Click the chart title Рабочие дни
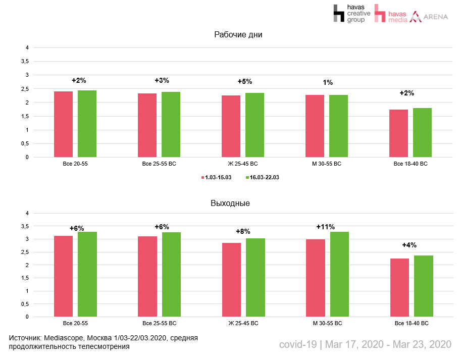pos(238,35)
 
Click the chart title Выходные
pos(230,203)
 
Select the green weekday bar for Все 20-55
pos(87,124)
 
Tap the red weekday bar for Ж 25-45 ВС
pos(231,126)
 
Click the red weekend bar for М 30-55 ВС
pos(316,278)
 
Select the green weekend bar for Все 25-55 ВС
pos(171,275)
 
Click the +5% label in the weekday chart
pos(244,81)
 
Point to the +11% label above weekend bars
pos(325,227)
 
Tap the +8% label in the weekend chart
pos(243,231)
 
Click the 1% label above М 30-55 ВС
pos(328,82)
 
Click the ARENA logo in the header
pos(429,17)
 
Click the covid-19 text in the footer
pos(298,344)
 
